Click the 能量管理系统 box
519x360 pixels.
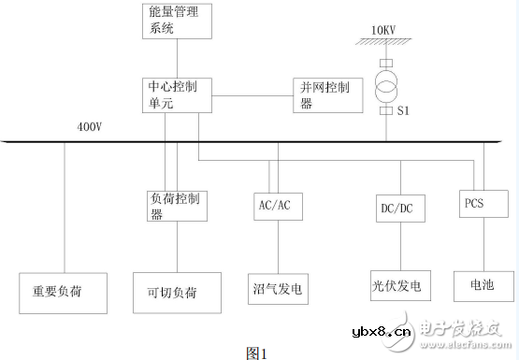(x=179, y=21)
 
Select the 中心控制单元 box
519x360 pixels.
(x=179, y=95)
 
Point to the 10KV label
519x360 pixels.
(x=385, y=31)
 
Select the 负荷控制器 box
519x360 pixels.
(x=177, y=206)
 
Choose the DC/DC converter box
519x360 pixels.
(x=396, y=209)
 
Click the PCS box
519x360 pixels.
(x=483, y=202)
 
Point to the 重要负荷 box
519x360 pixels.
(x=64, y=291)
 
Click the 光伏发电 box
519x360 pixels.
(x=396, y=285)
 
